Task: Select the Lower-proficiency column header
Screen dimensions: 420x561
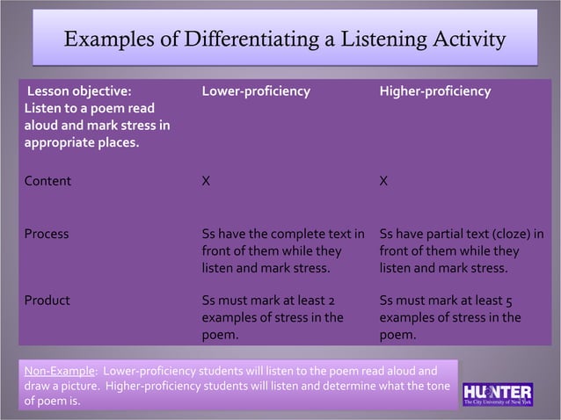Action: tap(256, 91)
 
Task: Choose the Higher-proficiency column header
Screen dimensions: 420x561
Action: tap(435, 91)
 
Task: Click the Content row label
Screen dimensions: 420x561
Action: tap(47, 182)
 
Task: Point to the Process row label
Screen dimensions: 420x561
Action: tap(47, 235)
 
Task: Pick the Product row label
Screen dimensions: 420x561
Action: tap(47, 301)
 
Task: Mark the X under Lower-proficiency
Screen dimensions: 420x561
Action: tap(206, 182)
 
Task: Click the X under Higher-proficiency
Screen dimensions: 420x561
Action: tap(383, 182)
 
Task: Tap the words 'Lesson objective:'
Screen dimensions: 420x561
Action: tap(80, 91)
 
